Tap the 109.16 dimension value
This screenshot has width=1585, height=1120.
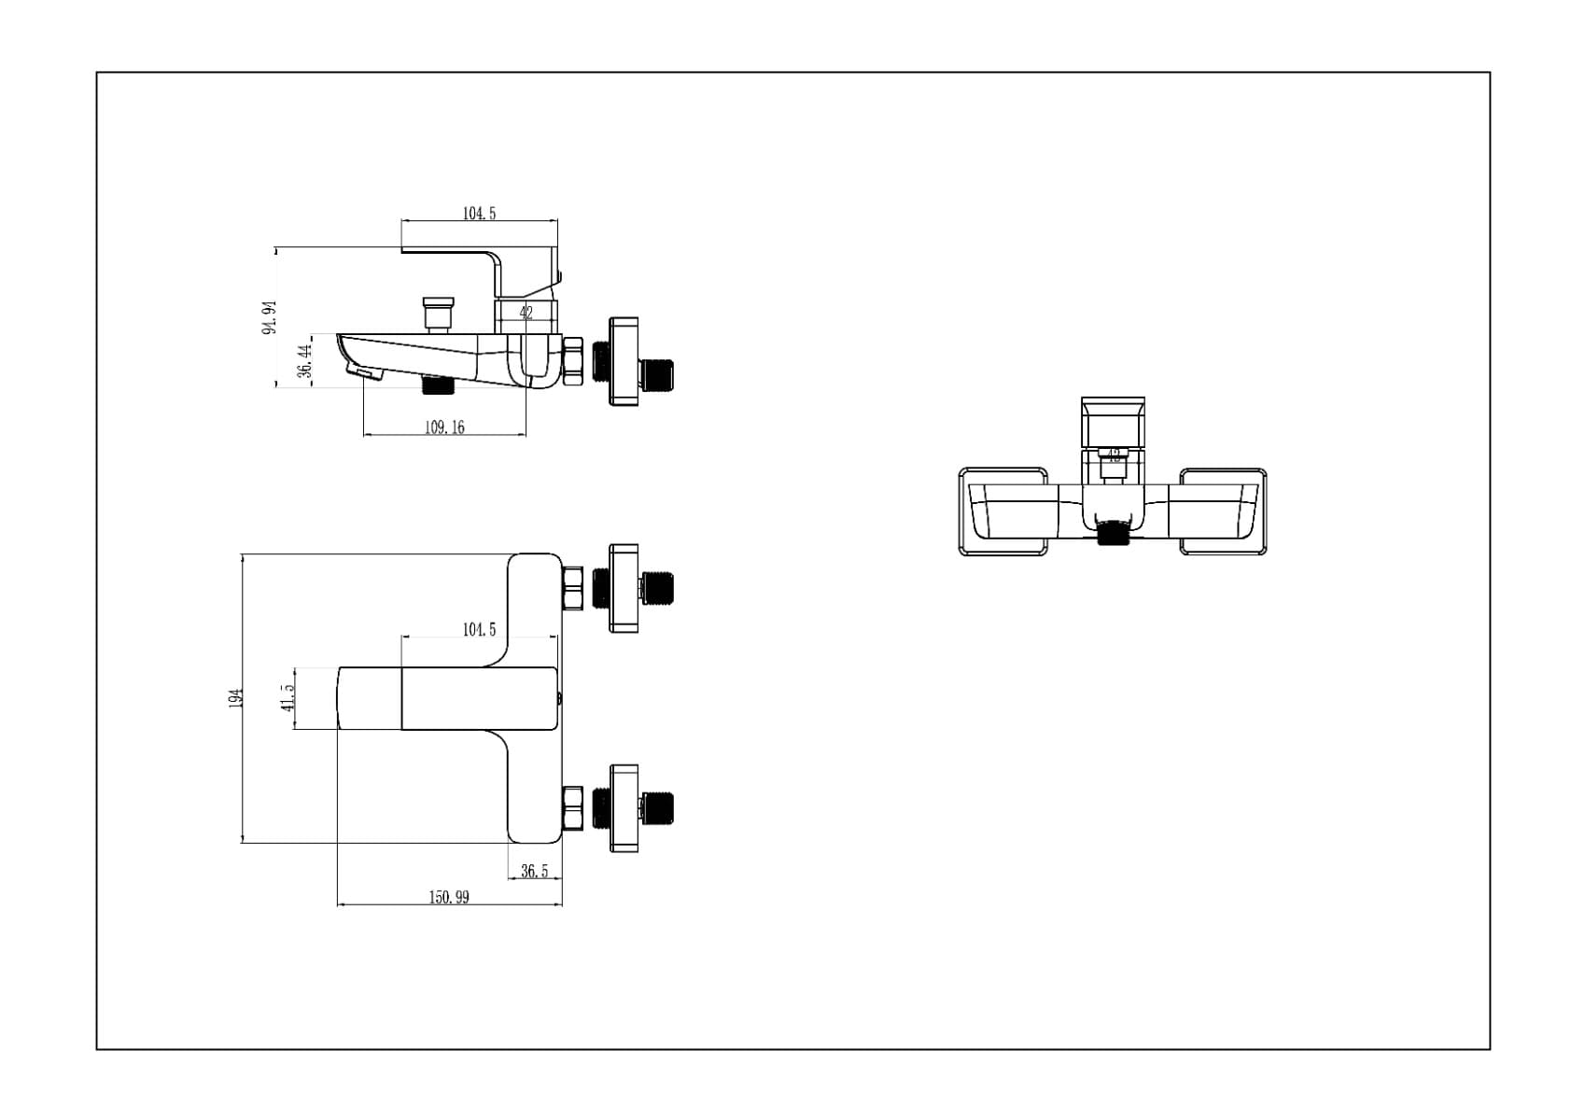click(x=444, y=427)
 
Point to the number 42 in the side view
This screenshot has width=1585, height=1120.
click(x=526, y=314)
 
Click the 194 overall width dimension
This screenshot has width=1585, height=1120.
click(x=236, y=697)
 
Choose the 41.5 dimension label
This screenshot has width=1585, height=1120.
click(x=288, y=697)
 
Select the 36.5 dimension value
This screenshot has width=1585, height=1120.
click(x=535, y=871)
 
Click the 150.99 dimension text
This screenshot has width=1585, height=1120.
click(x=449, y=897)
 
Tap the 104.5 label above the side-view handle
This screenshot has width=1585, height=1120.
click(x=480, y=213)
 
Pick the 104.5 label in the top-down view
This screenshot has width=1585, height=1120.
click(x=480, y=629)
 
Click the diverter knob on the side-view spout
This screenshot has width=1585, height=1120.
click(x=437, y=312)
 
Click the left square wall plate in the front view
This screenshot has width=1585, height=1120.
click(x=1003, y=512)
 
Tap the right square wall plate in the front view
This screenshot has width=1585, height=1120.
click(x=1223, y=512)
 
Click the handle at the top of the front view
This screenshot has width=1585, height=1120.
click(x=1113, y=422)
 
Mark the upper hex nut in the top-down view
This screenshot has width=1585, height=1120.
click(x=572, y=588)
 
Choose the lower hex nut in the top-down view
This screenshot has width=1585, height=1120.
click(x=572, y=808)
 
